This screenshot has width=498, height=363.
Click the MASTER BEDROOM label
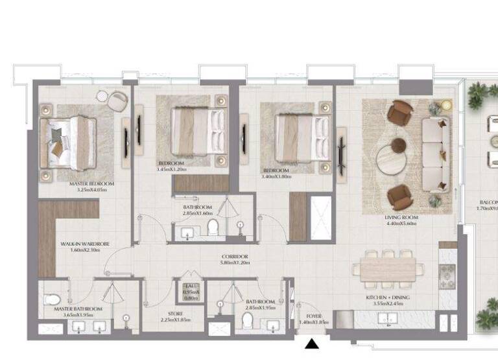(91, 184)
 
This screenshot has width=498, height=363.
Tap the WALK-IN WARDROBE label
(85, 244)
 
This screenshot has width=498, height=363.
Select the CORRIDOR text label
(234, 257)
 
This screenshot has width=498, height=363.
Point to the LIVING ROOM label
(402, 218)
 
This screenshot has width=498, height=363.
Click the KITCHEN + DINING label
(387, 298)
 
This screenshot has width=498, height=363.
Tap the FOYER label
(314, 316)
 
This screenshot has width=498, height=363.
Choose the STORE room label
(175, 314)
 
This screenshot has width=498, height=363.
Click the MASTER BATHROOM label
(78, 309)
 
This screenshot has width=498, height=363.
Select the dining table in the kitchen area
(388, 268)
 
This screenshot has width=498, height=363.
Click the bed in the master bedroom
(68, 142)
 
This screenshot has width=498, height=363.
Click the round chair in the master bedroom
(117, 101)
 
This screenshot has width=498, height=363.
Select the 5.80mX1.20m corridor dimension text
(234, 264)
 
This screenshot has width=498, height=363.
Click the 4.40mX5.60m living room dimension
(402, 224)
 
